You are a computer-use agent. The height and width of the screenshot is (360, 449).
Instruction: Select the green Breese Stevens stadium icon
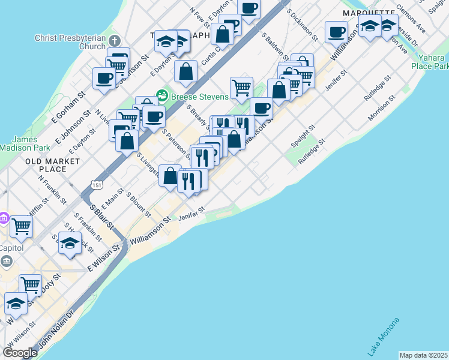pos(161,96)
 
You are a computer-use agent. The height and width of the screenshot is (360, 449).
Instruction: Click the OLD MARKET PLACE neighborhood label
pos(53,166)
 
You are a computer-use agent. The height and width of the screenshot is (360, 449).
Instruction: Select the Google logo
pos(20,352)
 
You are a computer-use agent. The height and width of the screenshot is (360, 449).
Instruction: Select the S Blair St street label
pos(102,217)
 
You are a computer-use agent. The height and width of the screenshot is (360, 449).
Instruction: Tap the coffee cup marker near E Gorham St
pos(104,78)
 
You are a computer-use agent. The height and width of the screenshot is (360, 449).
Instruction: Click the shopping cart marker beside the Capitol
pos(21,226)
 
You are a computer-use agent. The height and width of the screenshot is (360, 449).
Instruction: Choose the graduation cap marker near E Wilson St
pos(70,243)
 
